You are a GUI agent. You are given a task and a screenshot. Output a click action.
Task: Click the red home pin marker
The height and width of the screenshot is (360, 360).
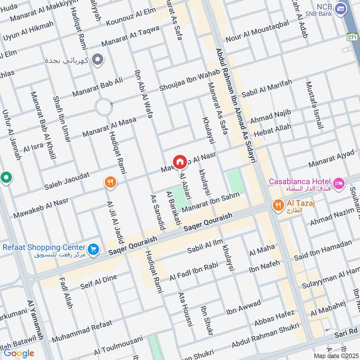[x=180, y=162]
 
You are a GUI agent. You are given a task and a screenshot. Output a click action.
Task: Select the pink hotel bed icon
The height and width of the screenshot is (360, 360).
[x=339, y=183]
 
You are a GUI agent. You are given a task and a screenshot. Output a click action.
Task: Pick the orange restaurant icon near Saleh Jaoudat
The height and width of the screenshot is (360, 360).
[x=110, y=182]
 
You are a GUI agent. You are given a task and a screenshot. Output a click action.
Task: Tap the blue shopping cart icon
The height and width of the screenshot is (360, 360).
[x=93, y=248]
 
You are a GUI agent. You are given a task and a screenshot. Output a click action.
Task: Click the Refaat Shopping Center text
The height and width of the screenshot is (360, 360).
[x=44, y=247]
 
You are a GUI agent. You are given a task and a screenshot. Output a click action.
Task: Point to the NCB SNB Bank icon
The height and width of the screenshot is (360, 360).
[x=342, y=8]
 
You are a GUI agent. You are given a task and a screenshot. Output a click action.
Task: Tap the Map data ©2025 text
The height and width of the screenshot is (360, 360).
[x=335, y=355]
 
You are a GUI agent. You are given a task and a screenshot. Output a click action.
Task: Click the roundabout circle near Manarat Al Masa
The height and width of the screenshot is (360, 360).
[x=103, y=107]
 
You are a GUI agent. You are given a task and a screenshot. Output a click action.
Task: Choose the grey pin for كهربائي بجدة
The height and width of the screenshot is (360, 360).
[x=96, y=58]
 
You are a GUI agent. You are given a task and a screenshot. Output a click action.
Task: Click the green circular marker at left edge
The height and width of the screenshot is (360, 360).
[x=5, y=178]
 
